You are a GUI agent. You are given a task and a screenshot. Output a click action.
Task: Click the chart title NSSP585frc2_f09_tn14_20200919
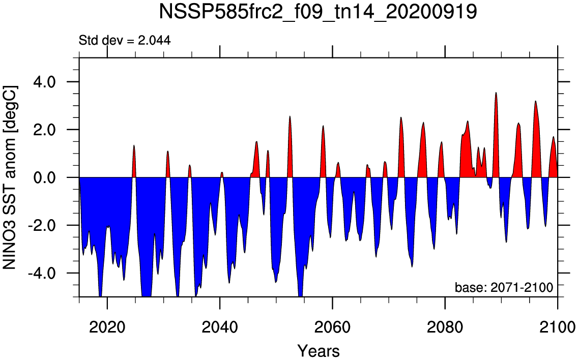tap(318, 13)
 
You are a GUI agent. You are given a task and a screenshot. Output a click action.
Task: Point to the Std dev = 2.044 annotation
tap(125, 40)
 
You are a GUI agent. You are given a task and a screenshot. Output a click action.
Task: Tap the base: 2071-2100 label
tap(504, 287)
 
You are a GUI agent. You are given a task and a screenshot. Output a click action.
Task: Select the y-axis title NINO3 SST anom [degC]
tap(10, 177)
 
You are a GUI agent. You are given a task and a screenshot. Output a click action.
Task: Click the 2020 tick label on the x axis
tap(107, 327)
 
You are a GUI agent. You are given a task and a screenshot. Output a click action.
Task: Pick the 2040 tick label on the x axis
tap(220, 327)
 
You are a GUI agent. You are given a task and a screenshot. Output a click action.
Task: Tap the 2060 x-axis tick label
tap(332, 327)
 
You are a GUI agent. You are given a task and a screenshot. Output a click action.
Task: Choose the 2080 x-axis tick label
tap(445, 327)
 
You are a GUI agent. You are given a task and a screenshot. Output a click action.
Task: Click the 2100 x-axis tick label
tap(557, 327)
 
